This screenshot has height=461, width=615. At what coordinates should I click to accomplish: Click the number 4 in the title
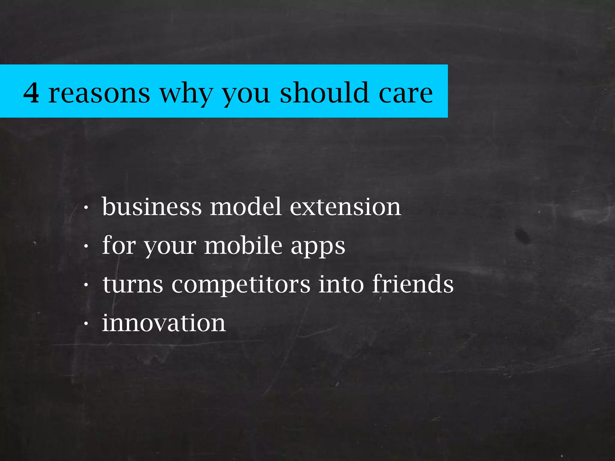tap(31, 93)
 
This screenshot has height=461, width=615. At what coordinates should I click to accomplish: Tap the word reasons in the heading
tap(99, 93)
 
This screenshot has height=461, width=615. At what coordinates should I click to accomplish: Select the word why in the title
tap(186, 93)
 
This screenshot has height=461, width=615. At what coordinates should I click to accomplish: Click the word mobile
tap(243, 245)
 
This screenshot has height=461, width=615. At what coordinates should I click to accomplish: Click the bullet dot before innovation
tap(86, 324)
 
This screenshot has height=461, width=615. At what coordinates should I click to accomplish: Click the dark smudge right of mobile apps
tap(523, 235)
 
